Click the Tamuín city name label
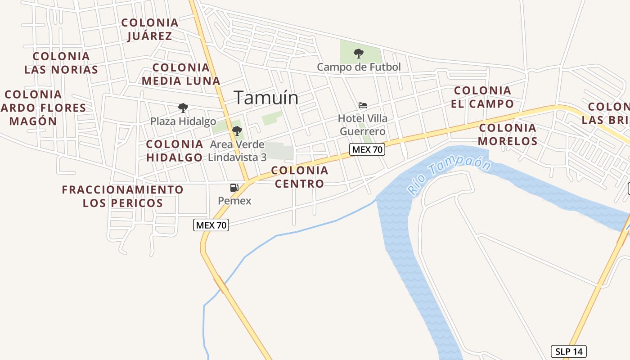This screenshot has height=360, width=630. (266, 98)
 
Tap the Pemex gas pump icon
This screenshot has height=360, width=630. (234, 188)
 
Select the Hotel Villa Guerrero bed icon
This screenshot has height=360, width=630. (363, 106)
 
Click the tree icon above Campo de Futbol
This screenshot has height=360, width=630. (359, 54)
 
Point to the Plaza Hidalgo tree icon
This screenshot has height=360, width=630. (183, 108)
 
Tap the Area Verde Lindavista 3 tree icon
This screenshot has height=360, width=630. (237, 131)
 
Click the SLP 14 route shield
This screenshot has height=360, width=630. (569, 351)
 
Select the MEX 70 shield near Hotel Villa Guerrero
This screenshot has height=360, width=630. (367, 149)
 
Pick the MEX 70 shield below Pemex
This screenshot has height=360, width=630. (211, 225)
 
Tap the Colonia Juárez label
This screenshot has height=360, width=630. (150, 29)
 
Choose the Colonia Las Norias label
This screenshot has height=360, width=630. (61, 63)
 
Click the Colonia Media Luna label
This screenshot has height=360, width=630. (181, 74)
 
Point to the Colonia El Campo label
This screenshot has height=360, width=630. (482, 97)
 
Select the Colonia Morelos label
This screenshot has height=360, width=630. (508, 134)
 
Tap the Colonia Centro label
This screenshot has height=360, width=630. (300, 177)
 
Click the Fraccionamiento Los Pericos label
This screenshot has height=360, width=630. (123, 196)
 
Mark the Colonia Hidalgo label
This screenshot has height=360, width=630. (175, 151)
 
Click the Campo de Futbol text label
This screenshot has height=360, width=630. (359, 67)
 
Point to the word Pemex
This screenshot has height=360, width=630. (234, 201)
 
